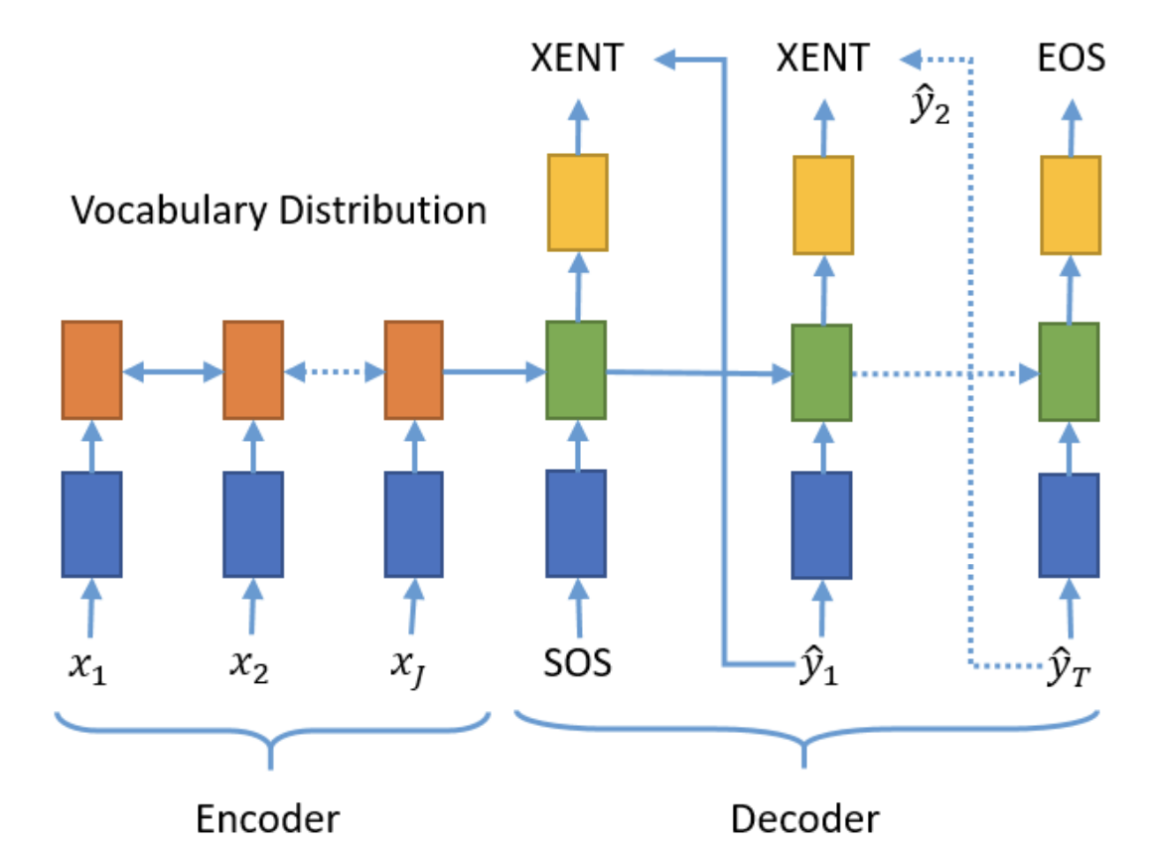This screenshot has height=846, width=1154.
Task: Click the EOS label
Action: (x=1071, y=58)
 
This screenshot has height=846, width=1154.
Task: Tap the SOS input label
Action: (x=578, y=663)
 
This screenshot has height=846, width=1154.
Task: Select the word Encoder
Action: (x=268, y=819)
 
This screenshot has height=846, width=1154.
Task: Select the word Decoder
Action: (x=805, y=819)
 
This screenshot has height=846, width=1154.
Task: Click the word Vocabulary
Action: (x=169, y=211)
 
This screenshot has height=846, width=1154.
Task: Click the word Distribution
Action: (x=383, y=210)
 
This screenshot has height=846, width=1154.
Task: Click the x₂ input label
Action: (x=249, y=666)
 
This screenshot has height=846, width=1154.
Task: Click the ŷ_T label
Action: (x=1070, y=666)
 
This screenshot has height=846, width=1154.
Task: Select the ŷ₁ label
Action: (x=818, y=665)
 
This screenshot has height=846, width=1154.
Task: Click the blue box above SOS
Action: (x=576, y=523)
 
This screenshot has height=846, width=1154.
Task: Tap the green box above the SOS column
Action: (x=576, y=370)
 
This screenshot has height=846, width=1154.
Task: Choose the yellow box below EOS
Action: (x=1071, y=206)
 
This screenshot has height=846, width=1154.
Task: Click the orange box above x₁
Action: (x=92, y=370)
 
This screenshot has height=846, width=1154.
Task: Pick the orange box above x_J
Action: (x=414, y=370)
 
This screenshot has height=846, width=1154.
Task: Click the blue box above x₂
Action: (x=254, y=524)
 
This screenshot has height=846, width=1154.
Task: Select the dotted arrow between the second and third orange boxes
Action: (x=334, y=371)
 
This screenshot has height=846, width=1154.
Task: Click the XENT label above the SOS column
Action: (x=578, y=58)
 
